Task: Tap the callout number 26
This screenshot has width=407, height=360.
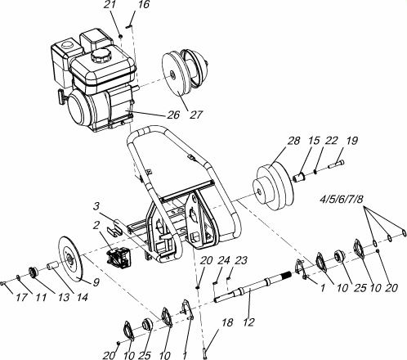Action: (x=173, y=115)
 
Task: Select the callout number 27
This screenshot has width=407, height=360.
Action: (x=196, y=115)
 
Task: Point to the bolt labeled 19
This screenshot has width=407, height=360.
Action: (x=337, y=164)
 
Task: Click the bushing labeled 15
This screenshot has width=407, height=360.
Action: (x=300, y=176)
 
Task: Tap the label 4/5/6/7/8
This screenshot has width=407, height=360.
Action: (x=342, y=200)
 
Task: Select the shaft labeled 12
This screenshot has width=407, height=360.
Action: (x=252, y=288)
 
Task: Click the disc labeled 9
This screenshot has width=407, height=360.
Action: (x=70, y=259)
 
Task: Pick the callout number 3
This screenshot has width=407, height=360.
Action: (x=96, y=206)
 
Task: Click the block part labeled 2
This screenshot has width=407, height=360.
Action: (x=119, y=257)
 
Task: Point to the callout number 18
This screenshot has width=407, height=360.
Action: (x=227, y=322)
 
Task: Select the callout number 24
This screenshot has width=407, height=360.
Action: (x=223, y=260)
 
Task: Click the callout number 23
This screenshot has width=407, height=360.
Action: (x=240, y=260)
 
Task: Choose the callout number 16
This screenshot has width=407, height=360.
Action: (x=143, y=5)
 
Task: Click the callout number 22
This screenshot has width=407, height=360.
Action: (x=331, y=141)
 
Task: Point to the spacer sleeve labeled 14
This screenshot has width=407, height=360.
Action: (x=52, y=266)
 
